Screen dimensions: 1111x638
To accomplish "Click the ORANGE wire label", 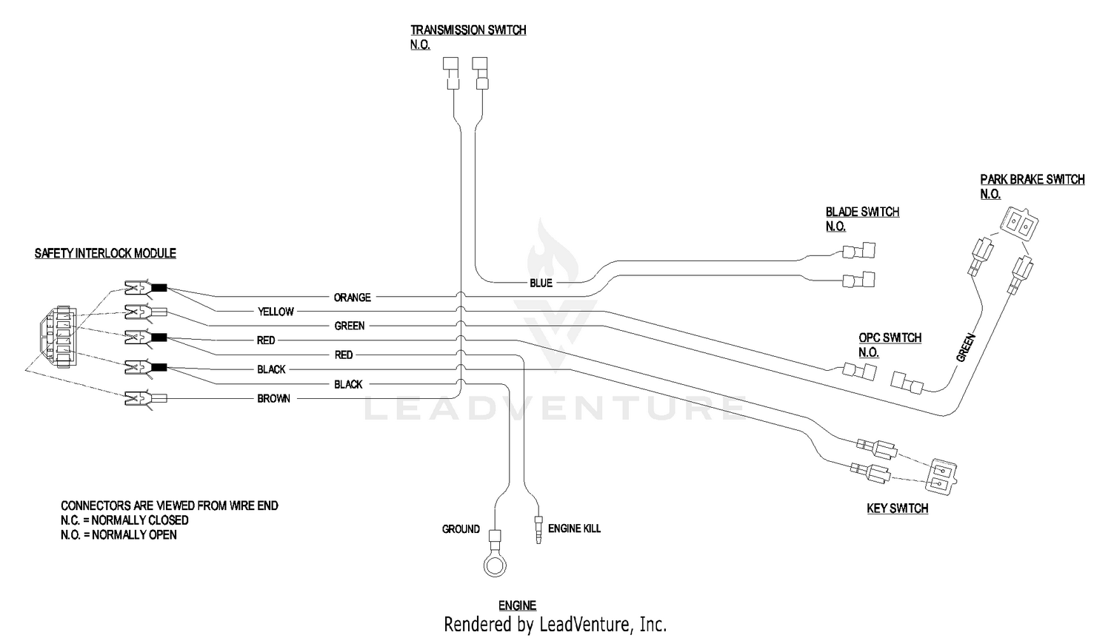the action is (x=352, y=298).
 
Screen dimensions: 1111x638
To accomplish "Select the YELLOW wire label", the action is (x=276, y=312).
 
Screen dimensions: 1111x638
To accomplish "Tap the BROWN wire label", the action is (x=274, y=398).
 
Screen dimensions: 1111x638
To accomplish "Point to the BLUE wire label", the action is (x=541, y=283).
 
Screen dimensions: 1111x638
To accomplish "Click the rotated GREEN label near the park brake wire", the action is (x=966, y=348).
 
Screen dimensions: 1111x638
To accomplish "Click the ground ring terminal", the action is (x=495, y=565).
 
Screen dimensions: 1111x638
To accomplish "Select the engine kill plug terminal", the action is (x=538, y=531).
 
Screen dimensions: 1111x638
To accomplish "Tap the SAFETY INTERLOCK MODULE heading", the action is (x=105, y=253).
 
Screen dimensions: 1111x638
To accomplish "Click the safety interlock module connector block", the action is (x=59, y=337).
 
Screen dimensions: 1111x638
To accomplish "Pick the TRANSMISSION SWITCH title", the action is (x=468, y=30).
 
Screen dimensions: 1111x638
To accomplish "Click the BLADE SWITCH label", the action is (x=863, y=212).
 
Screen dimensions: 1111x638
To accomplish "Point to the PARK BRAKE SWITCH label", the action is (x=1032, y=179).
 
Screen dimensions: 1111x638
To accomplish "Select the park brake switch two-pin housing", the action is (x=1019, y=224).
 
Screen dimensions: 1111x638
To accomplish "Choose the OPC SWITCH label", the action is (x=890, y=338).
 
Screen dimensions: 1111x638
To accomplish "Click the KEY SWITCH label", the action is (x=898, y=508).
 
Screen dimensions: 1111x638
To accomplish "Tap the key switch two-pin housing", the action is (x=942, y=477).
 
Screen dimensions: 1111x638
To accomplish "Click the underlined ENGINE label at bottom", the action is (x=517, y=605).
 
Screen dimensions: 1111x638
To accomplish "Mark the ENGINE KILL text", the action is (x=574, y=528).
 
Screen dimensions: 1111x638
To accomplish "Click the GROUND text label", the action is (x=461, y=529).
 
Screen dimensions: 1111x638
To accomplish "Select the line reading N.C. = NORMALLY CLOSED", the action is (x=124, y=520).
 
